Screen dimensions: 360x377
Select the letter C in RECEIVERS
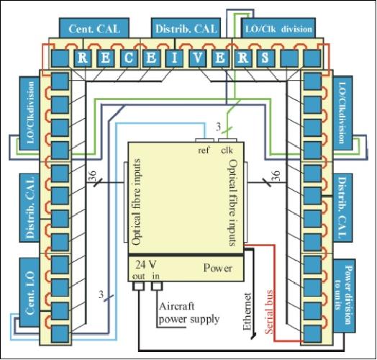point(127,57)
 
